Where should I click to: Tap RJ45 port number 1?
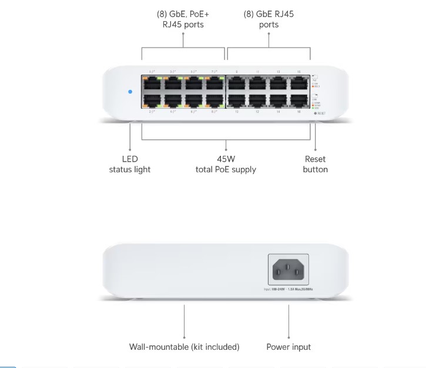click(152, 82)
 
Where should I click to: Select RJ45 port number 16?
click(298, 100)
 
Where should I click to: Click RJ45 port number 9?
click(236, 82)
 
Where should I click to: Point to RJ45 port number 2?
click(152, 100)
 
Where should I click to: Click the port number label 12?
click(257, 111)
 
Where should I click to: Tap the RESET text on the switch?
click(321, 113)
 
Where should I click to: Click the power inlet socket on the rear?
click(289, 269)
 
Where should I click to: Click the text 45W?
click(226, 159)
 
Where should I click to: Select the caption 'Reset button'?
click(315, 164)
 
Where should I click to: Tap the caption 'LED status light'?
click(130, 164)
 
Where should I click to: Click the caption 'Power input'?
click(289, 347)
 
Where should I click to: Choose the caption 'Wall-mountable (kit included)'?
click(184, 347)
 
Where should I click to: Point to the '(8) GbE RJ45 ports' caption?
click(269, 19)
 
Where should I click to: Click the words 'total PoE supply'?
click(226, 169)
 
